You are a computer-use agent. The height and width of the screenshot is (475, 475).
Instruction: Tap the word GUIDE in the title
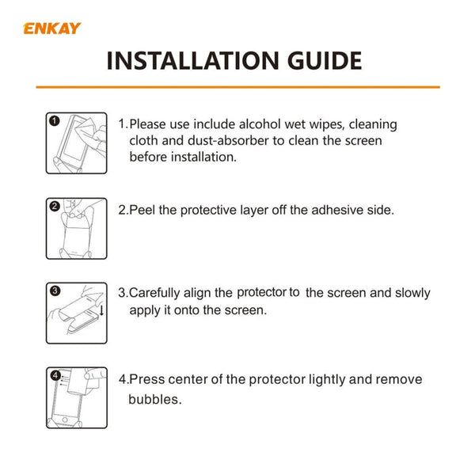pyautogui.click(x=325, y=61)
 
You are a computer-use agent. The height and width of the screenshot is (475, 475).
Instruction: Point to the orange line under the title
pyautogui.click(x=237, y=86)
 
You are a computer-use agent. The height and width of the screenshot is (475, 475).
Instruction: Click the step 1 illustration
pyautogui.click(x=76, y=142)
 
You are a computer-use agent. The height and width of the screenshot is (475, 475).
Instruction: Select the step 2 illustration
pyautogui.click(x=76, y=228)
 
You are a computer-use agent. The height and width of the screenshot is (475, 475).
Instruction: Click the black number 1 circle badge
pyautogui.click(x=53, y=121)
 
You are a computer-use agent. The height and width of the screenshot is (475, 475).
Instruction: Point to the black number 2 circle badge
pyautogui.click(x=53, y=207)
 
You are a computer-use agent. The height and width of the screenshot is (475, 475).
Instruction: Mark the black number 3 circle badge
pyautogui.click(x=53, y=291)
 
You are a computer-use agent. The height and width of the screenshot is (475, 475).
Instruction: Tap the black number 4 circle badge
pyautogui.click(x=53, y=376)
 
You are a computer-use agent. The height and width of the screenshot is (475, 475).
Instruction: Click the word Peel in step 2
pyautogui.click(x=143, y=211)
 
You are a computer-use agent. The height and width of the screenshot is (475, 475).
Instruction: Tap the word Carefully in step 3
pyautogui.click(x=157, y=293)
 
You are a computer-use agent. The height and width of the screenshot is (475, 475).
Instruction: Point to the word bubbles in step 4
pyautogui.click(x=154, y=399)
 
